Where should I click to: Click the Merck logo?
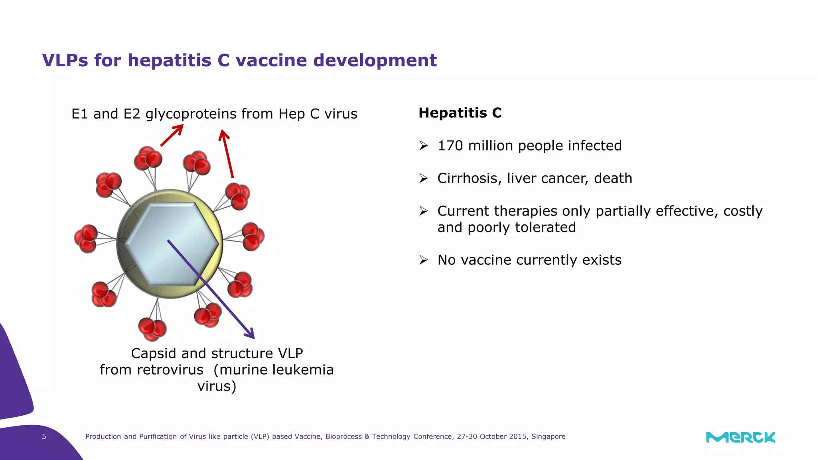pyautogui.click(x=740, y=437)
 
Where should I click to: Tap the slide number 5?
pyautogui.click(x=44, y=436)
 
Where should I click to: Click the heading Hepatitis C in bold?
pyautogui.click(x=460, y=113)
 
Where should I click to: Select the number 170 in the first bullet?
pyautogui.click(x=450, y=146)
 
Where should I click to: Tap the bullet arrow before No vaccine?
pyautogui.click(x=424, y=260)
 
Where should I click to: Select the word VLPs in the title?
pyautogui.click(x=65, y=61)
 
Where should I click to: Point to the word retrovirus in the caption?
pyautogui.click(x=170, y=370)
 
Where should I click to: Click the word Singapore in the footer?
pyautogui.click(x=548, y=436)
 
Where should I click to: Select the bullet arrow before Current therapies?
pyautogui.click(x=424, y=211)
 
